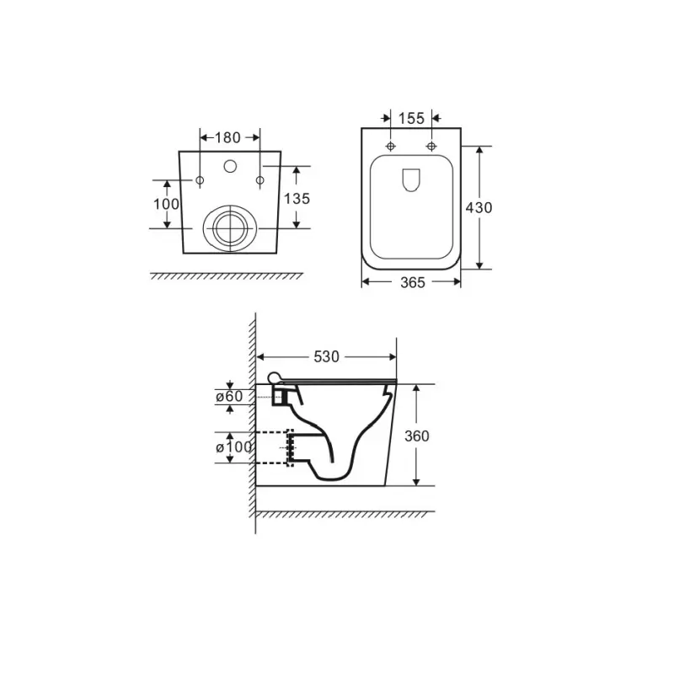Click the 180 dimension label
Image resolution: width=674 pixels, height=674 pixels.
(227, 138)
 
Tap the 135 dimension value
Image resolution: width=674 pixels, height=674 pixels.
(297, 199)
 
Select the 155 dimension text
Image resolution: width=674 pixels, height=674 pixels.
(411, 119)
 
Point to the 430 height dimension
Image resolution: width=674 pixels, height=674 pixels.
(479, 208)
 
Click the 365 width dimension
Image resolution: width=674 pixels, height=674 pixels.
(413, 283)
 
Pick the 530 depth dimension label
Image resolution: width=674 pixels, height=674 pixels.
(326, 356)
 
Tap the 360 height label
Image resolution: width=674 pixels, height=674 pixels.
(417, 436)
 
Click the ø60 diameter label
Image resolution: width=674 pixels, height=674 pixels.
(229, 396)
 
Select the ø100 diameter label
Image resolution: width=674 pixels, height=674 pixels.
(234, 447)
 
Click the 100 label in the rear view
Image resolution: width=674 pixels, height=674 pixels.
(166, 204)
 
